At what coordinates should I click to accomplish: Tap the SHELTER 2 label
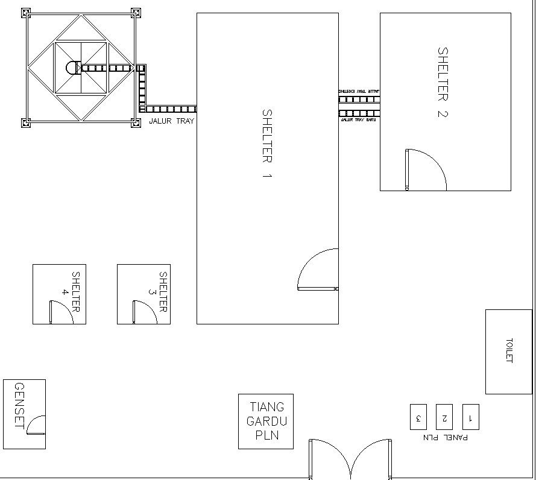click(x=443, y=83)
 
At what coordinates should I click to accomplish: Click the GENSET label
click(x=19, y=405)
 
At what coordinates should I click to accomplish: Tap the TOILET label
click(x=509, y=350)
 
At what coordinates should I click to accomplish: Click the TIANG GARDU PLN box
click(x=266, y=422)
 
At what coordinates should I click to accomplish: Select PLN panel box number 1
click(x=470, y=417)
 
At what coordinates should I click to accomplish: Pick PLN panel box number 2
click(x=444, y=417)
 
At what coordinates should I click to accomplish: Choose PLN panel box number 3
click(x=418, y=417)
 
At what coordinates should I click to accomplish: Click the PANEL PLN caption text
click(x=445, y=437)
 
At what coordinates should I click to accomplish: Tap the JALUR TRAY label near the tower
click(x=172, y=121)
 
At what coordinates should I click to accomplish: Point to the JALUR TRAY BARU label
click(x=359, y=120)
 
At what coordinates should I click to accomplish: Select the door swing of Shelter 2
click(x=426, y=169)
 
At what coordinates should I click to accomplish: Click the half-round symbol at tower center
click(x=71, y=68)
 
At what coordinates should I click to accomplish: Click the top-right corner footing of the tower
click(x=136, y=12)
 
